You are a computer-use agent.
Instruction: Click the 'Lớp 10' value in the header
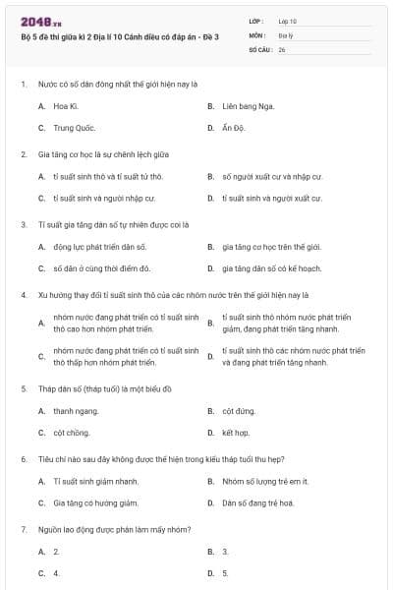288,20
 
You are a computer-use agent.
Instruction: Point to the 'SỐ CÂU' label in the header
260,48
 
